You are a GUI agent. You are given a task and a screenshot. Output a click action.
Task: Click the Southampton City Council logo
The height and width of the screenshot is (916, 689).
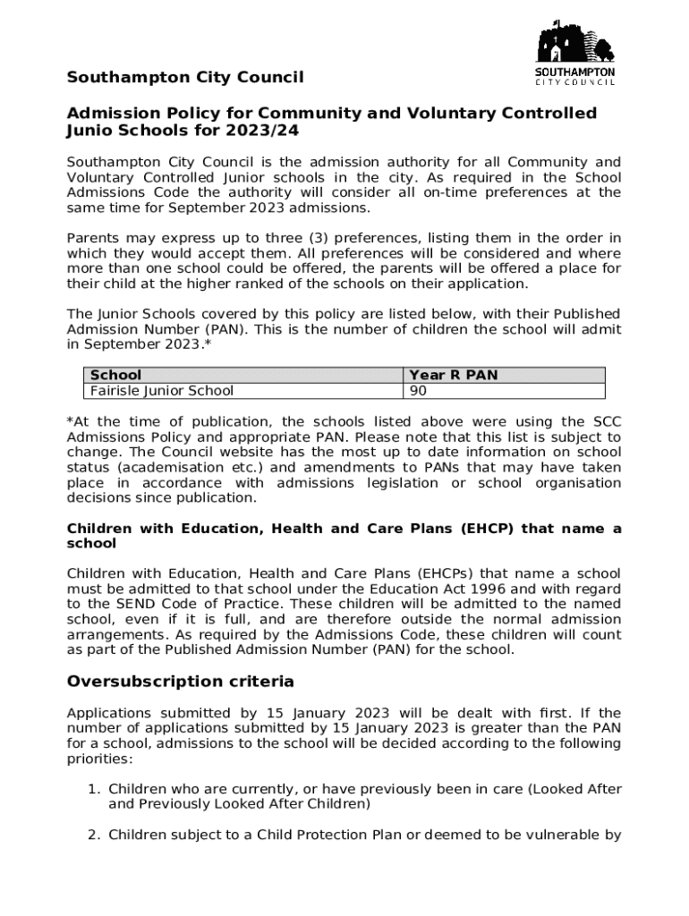[x=574, y=54]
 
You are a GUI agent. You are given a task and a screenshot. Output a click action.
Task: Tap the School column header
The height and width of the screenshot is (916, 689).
[x=115, y=375]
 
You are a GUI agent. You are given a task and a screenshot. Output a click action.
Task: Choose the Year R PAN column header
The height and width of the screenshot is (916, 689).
[x=453, y=375]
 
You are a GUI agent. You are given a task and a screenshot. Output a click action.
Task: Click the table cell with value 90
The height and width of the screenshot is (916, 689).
[x=418, y=390]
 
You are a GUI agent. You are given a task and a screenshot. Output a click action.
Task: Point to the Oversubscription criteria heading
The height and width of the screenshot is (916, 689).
[x=180, y=682]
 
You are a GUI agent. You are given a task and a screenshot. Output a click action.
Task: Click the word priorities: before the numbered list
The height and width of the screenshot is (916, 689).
[x=99, y=759]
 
